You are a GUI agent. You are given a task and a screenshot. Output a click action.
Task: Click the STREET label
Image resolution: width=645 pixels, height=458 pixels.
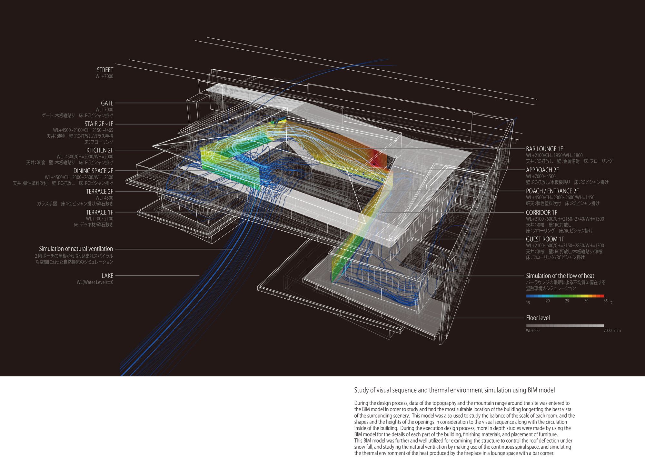point(105,70)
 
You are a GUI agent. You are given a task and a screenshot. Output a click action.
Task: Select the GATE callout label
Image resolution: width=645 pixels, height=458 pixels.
point(107,103)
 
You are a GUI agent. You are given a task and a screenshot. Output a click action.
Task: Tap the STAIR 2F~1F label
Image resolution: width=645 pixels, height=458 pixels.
point(99,124)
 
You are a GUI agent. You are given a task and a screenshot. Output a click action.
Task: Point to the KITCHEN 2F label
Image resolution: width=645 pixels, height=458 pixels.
point(100,150)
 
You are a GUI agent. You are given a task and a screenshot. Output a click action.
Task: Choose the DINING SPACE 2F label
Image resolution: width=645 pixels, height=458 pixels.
point(93,171)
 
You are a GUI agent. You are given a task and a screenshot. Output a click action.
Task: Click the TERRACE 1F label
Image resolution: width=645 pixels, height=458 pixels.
point(100,212)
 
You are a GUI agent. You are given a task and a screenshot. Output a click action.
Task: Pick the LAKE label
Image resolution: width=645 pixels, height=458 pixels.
point(107,276)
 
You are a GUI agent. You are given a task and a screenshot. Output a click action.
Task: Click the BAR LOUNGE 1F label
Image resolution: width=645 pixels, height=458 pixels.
point(544,149)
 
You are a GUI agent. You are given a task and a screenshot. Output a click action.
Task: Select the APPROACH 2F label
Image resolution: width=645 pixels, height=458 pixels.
point(542,170)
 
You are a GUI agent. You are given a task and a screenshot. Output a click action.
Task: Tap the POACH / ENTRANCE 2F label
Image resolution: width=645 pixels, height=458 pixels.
point(552,191)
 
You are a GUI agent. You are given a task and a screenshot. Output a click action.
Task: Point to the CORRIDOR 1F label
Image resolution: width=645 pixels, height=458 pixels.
point(541,213)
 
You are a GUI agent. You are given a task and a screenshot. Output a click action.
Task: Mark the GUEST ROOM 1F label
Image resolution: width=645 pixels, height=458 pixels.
point(545,239)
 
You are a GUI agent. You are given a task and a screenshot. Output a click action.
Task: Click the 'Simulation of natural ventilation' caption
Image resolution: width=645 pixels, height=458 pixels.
point(76,249)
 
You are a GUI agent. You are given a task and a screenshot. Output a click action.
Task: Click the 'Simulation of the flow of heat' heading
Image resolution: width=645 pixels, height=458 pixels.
point(560,276)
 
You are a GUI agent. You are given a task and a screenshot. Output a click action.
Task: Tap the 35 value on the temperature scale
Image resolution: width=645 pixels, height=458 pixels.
point(606,301)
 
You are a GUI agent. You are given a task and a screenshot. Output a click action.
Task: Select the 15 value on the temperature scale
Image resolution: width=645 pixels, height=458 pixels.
point(528,303)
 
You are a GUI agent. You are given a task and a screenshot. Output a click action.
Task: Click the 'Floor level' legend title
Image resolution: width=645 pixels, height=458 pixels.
point(538,318)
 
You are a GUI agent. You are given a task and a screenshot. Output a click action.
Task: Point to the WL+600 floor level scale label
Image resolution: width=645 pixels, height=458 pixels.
point(532,331)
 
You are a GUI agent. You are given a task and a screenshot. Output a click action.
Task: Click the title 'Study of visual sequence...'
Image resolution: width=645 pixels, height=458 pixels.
point(454,390)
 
